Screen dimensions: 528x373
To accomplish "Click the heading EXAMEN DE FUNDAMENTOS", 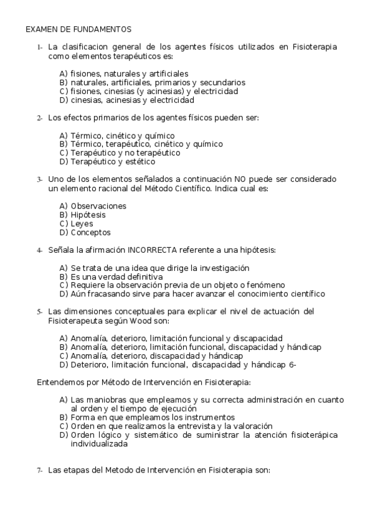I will [78, 29].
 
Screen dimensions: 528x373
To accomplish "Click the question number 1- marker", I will [39, 47].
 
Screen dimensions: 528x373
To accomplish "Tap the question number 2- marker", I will [39, 118].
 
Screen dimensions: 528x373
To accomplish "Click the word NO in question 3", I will [240, 179].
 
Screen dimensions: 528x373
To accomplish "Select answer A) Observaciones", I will [93, 205].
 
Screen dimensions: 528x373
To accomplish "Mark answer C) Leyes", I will [76, 224].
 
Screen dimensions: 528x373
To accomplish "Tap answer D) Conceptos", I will [85, 232].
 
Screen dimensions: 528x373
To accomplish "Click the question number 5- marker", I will [39, 311].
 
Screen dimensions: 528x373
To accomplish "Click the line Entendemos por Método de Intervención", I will [144, 382].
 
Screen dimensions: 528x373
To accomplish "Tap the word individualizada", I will [100, 444].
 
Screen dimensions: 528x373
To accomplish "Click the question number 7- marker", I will [39, 471].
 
